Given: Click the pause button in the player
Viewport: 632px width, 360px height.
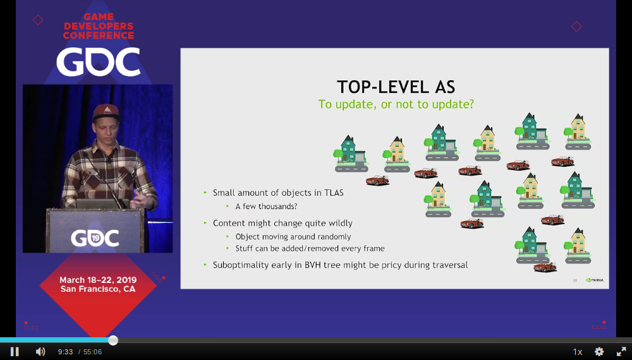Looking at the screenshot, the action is (x=15, y=352).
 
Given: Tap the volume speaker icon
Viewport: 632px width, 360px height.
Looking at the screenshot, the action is (x=40, y=352).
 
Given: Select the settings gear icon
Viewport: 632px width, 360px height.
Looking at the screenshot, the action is (x=599, y=352).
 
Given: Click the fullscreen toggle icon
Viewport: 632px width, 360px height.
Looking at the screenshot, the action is (x=621, y=352).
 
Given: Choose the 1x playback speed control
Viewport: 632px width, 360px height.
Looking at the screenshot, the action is (x=578, y=352).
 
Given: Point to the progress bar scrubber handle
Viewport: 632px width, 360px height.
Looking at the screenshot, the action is (x=113, y=340).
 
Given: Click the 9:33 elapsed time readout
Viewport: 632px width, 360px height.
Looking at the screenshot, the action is (x=65, y=352).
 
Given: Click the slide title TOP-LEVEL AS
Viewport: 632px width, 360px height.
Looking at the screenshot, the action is (x=396, y=87).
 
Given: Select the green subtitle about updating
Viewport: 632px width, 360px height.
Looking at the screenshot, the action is (x=396, y=104).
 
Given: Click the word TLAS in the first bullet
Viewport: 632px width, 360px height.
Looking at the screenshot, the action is (x=334, y=193).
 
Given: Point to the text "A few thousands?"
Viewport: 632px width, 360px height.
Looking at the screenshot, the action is (x=267, y=206).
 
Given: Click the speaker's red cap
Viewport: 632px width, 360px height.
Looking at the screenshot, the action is (x=106, y=112).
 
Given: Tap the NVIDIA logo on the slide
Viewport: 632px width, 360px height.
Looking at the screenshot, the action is (x=595, y=280).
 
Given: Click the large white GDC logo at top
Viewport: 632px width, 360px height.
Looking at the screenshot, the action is (x=98, y=62).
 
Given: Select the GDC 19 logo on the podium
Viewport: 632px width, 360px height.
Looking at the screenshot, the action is (x=95, y=238).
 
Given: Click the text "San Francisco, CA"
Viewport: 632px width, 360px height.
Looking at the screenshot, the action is (x=98, y=289).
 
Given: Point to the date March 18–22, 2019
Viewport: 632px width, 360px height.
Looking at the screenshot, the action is (x=98, y=280).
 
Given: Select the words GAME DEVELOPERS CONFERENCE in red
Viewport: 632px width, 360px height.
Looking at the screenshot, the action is (x=99, y=26).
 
